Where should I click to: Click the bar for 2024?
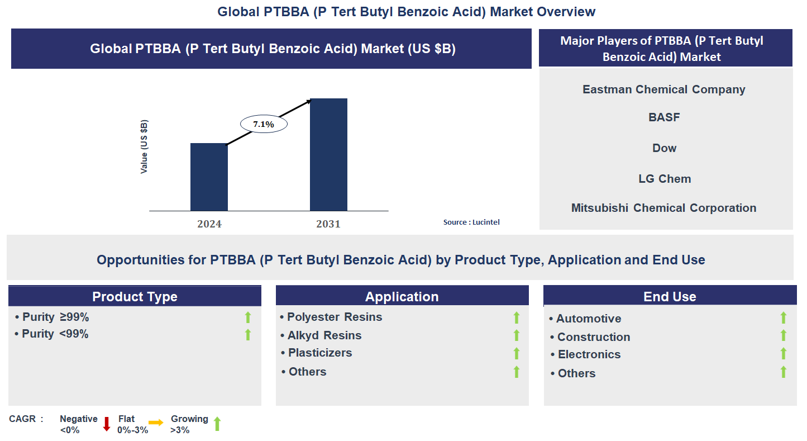coord(209,177)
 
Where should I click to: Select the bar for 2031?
coord(328,154)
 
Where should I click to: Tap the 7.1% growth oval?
coord(264,124)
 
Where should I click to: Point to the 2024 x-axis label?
coord(209,224)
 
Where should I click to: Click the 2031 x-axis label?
coord(328,224)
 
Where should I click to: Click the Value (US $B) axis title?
coord(144,146)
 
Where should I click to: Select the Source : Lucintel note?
coord(471,222)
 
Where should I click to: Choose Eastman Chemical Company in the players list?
coord(663,89)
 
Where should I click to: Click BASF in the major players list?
coord(664,117)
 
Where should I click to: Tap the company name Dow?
coord(664,148)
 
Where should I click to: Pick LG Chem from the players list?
coord(665,179)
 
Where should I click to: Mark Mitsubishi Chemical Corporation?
coord(663,208)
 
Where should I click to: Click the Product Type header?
coord(135,297)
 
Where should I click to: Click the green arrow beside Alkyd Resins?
coord(517,335)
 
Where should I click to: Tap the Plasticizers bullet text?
coord(319,353)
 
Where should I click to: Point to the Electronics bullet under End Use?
coord(589,354)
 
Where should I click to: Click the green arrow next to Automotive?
coord(784,318)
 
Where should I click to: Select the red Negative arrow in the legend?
coord(107,424)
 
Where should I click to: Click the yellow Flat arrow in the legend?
coord(156,423)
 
